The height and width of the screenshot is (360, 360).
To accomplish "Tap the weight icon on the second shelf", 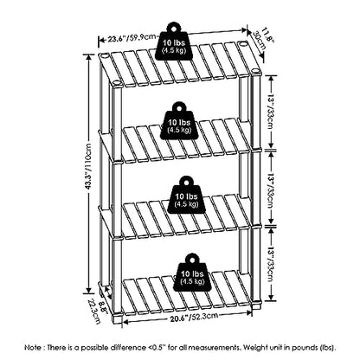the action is tap(180, 121).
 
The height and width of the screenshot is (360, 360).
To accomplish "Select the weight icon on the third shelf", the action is tap(187, 196).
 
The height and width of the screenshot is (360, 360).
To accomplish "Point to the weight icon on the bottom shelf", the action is tap(192, 273).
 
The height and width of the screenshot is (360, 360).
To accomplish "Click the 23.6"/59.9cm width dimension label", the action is tap(129, 38).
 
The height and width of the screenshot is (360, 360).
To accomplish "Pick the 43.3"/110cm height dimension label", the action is tap(88, 166).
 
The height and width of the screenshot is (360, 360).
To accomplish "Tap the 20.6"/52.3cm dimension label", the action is tap(194, 317).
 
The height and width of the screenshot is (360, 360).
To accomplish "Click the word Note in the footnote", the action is tap(33, 347).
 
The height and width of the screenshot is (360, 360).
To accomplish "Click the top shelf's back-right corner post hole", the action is tap(243, 44).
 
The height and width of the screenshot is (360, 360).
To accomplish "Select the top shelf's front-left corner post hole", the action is tap(117, 83).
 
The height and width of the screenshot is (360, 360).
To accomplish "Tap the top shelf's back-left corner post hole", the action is tap(104, 55).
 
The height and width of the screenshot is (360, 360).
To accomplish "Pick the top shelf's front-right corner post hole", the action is tap(255, 71).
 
